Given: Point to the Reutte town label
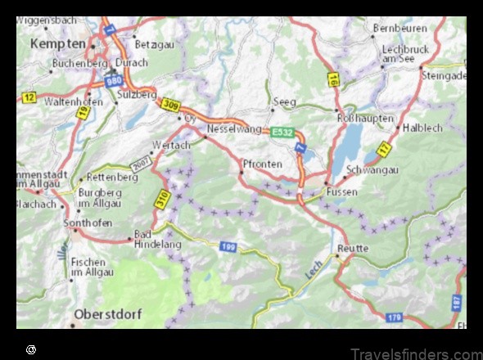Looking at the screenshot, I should (x=353, y=247).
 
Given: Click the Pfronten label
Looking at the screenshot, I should (x=264, y=164).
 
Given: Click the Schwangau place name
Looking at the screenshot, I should (x=372, y=169).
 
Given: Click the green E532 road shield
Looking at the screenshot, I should (x=282, y=130).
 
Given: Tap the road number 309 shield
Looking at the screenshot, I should (x=170, y=104).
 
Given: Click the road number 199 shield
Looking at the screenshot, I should (x=228, y=245).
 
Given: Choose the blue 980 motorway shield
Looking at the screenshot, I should (x=115, y=80).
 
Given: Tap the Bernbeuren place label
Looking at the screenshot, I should (x=399, y=27).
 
